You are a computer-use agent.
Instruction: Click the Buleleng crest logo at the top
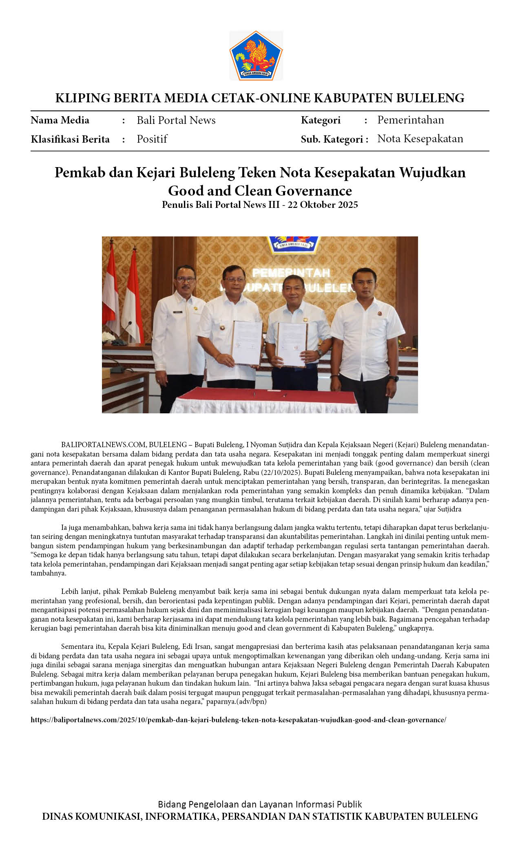pyautogui.click(x=256, y=56)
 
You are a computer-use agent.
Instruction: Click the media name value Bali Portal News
pyautogui.click(x=176, y=120)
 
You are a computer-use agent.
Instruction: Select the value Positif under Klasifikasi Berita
pyautogui.click(x=152, y=139)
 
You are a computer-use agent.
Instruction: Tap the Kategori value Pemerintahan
pyautogui.click(x=410, y=120)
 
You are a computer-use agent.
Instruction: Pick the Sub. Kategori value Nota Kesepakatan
pyautogui.click(x=420, y=139)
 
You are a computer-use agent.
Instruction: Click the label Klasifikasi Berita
pyautogui.click(x=70, y=139)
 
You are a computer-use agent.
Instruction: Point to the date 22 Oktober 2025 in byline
pyautogui.click(x=323, y=205)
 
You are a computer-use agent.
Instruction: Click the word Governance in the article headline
pyautogui.click(x=313, y=191)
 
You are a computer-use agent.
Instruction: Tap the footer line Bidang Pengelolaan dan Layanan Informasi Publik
pyautogui.click(x=260, y=804)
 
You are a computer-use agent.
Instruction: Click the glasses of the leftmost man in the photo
pyautogui.click(x=185, y=280)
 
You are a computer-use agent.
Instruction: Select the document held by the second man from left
pyautogui.click(x=247, y=342)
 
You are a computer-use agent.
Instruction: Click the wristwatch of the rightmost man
pyautogui.click(x=392, y=378)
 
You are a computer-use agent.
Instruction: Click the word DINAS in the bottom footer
pyautogui.click(x=59, y=816)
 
